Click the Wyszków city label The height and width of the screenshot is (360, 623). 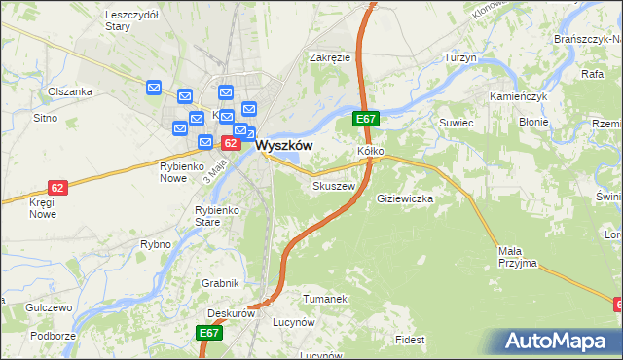pos(284,144)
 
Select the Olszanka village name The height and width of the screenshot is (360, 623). pos(70,91)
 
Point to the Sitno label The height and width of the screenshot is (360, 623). pos(46,117)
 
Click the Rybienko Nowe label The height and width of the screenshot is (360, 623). pos(186,172)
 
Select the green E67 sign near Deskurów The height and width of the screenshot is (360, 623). pos(209,333)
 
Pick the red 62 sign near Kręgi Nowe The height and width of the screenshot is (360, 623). pos(57,187)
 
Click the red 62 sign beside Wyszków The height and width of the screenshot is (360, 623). pos(231,143)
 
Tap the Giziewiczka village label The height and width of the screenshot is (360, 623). pos(404,198)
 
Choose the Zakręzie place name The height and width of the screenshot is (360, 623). pos(330,57)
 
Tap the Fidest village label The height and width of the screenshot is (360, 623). pos(410,340)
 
